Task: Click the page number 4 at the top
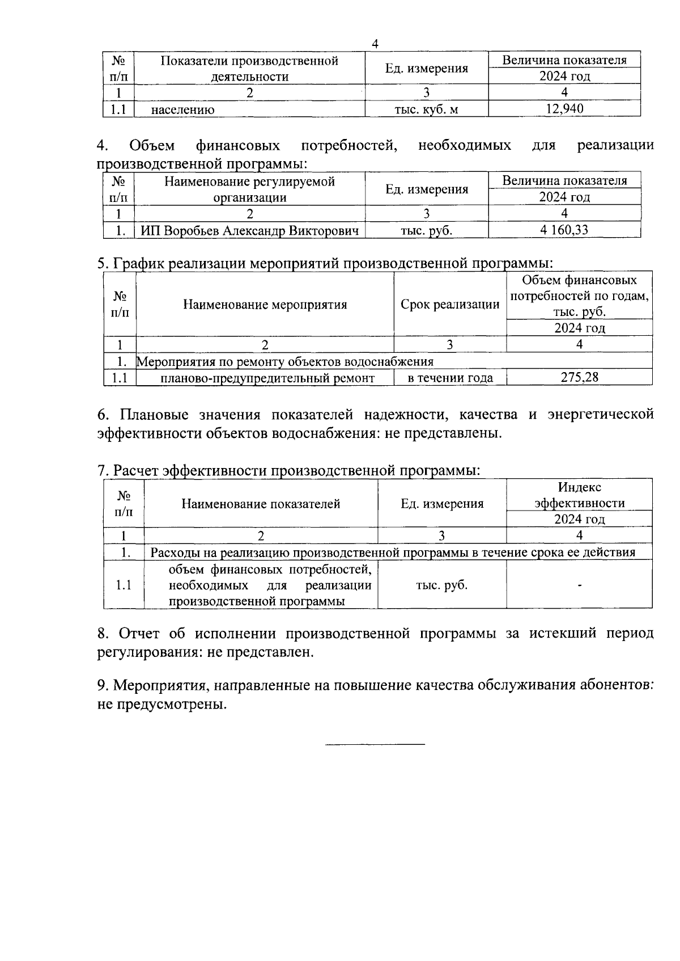(375, 44)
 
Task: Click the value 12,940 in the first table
(564, 108)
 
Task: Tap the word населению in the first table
(182, 109)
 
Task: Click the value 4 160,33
(564, 230)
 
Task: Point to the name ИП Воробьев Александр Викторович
(249, 230)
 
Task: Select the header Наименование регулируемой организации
(249, 189)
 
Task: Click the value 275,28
(579, 377)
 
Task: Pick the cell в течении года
(450, 378)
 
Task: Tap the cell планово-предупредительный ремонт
(267, 378)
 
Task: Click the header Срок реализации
(450, 305)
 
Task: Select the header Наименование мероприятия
(265, 305)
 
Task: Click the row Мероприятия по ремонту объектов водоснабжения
(286, 361)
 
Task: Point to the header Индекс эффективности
(579, 495)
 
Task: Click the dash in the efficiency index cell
(579, 585)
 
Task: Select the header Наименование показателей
(261, 503)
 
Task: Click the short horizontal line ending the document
(375, 743)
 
